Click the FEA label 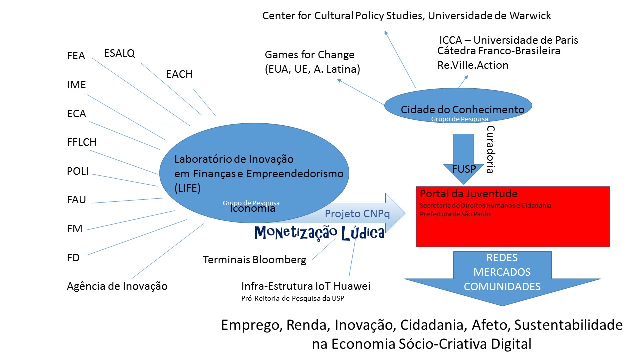coord(76,56)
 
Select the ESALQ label coord(119,53)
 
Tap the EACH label coord(179,75)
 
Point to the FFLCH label coord(81,143)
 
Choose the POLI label coord(77,171)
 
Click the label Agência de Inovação coord(117,286)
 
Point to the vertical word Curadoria coord(490,149)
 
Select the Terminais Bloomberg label coord(254,260)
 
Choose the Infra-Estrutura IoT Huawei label coord(306,286)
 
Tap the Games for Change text coord(309,55)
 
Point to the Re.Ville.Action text coord(473,65)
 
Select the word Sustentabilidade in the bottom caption coord(568,325)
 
